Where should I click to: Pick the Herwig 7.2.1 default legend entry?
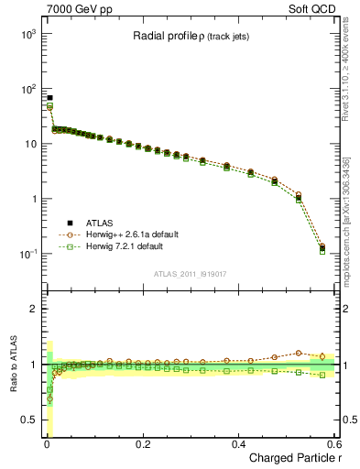(x=129, y=246)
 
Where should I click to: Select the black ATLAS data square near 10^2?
(x=49, y=98)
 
